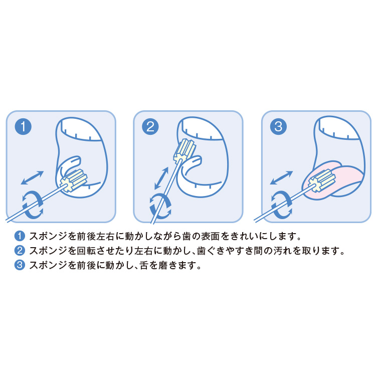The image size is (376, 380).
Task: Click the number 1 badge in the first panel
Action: click(x=23, y=126)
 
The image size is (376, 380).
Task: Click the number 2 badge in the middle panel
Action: click(x=150, y=126)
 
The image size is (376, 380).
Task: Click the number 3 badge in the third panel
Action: click(x=278, y=126)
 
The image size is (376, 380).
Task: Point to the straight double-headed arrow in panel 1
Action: click(x=32, y=177)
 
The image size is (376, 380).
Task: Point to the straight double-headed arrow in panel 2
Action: click(x=161, y=178)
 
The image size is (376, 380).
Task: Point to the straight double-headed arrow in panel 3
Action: click(x=281, y=177)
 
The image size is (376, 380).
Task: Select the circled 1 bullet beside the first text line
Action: click(x=20, y=236)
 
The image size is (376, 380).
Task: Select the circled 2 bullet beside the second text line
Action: click(x=20, y=251)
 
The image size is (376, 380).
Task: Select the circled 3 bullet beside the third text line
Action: click(x=20, y=265)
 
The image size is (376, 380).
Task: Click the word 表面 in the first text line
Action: click(x=210, y=236)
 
